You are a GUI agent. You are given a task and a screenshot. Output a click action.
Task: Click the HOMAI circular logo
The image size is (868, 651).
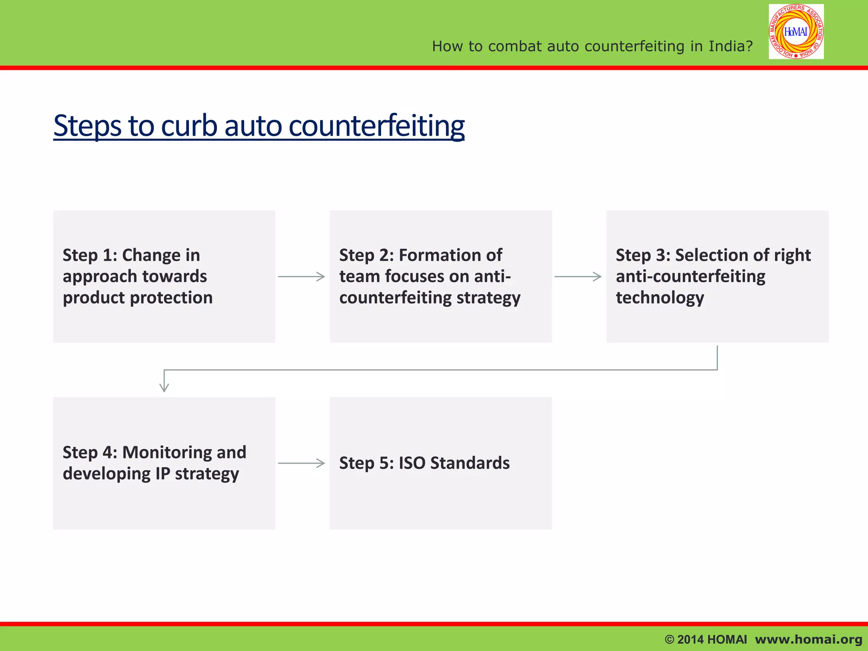point(796,32)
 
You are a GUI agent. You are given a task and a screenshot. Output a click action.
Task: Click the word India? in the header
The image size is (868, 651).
point(731,46)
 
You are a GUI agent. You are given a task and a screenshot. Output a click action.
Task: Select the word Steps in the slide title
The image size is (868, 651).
point(87,126)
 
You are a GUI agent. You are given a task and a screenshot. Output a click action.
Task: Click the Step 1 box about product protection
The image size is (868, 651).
point(164,276)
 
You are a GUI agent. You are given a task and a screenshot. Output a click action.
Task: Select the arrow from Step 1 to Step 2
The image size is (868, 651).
point(301,277)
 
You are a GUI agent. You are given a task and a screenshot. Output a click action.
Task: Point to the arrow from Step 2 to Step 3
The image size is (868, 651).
point(578,277)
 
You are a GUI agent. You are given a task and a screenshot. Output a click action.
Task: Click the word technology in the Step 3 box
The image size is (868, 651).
point(659,298)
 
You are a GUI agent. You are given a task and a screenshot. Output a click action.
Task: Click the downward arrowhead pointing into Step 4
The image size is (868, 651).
point(164,386)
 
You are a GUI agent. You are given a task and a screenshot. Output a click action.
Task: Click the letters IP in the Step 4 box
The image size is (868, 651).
point(163,473)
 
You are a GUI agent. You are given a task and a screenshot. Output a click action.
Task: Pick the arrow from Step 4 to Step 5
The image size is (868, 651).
point(301,463)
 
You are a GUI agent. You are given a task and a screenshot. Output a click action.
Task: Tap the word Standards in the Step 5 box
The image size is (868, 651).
point(470,463)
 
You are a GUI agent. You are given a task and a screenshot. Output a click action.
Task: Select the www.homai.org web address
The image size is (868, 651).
point(808,640)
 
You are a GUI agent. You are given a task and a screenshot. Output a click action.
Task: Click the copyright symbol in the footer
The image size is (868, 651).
point(669,640)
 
